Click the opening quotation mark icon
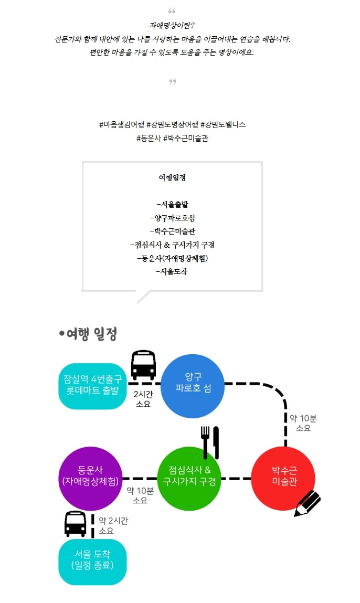point(172,11)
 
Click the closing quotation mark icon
point(172,81)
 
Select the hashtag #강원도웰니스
point(223,125)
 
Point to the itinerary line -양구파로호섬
point(172,218)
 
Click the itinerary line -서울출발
point(172,204)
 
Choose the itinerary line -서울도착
point(172,272)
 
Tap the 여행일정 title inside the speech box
point(172,177)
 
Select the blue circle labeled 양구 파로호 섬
point(193,386)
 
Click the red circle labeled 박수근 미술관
point(283,478)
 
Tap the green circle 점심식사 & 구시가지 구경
point(189,478)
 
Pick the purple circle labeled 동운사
point(90,478)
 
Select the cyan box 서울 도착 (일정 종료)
point(92,562)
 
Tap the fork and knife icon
point(210,442)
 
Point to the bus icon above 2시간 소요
point(143,365)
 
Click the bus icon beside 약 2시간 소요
point(76,523)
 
